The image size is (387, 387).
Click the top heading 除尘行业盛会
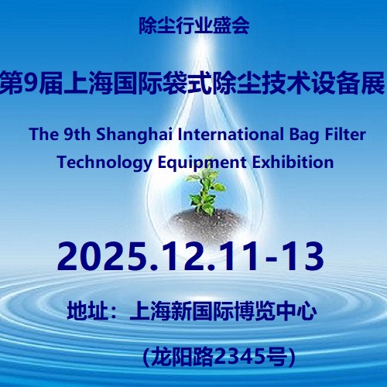194,26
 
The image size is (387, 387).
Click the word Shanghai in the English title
134,135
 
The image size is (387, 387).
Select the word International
231,135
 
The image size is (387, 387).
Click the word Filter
345,135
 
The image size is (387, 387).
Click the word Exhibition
293,162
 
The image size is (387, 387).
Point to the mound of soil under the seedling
207,223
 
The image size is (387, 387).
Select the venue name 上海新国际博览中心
224,310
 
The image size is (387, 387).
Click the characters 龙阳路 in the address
183,358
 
